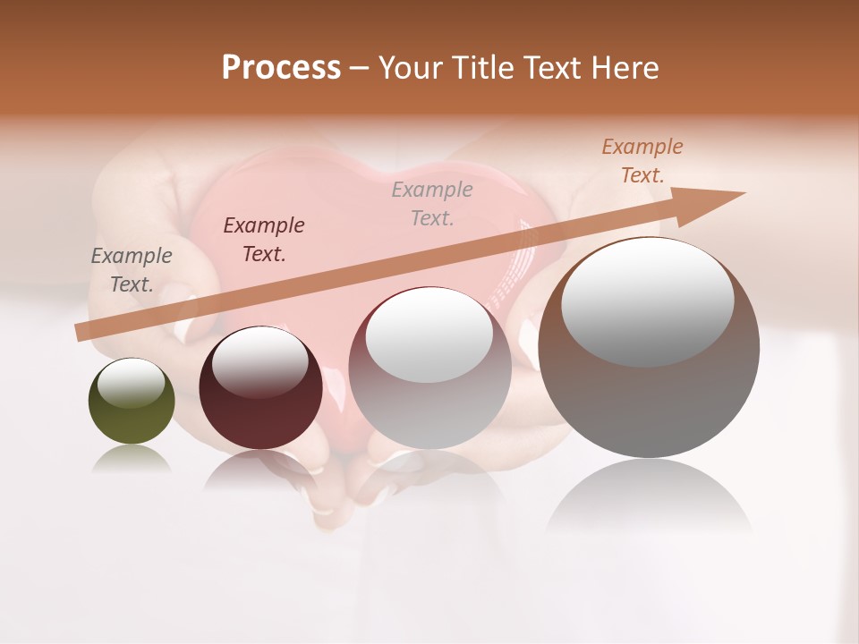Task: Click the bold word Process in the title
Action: [x=281, y=67]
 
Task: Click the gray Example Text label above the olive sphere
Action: [x=132, y=270]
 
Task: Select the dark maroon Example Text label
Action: [x=264, y=240]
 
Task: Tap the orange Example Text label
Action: [x=642, y=161]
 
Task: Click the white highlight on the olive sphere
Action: [x=132, y=383]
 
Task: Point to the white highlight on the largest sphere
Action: [x=648, y=301]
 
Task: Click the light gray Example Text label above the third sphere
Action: [x=432, y=203]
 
